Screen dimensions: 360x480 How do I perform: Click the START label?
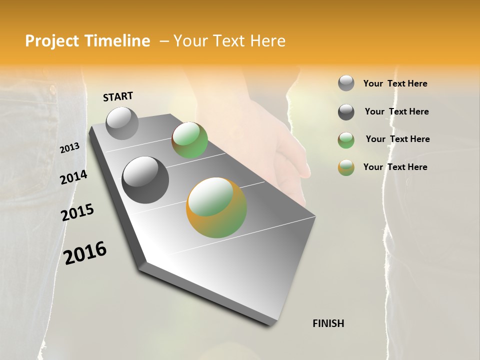[118, 96]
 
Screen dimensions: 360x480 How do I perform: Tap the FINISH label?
[328, 323]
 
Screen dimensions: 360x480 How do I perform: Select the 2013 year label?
[69, 147]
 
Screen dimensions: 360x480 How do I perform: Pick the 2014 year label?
[73, 177]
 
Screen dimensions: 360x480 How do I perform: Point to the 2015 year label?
[77, 212]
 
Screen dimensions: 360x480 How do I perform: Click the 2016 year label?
[85, 252]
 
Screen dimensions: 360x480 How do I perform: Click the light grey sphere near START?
[122, 123]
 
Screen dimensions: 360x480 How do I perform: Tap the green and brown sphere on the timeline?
[189, 140]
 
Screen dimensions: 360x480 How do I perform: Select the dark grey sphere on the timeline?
[145, 180]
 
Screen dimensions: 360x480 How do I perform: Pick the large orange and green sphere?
[216, 207]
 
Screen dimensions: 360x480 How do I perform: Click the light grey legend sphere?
[346, 83]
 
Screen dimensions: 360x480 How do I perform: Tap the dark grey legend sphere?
[346, 112]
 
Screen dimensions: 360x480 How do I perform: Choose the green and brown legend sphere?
[346, 140]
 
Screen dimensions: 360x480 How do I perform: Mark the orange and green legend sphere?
[346, 167]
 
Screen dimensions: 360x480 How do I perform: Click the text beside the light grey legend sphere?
[395, 83]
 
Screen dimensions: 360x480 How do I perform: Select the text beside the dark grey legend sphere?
[396, 111]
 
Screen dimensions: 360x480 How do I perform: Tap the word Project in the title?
[51, 41]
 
